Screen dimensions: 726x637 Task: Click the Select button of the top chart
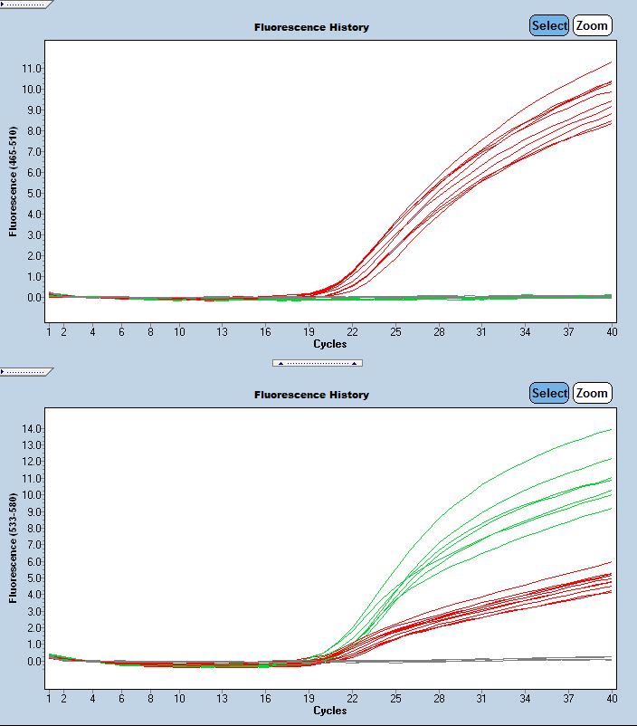point(549,26)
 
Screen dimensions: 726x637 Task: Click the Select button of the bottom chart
point(549,394)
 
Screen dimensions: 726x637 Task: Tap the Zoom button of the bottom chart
point(592,394)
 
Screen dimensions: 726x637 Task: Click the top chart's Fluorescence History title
point(311,28)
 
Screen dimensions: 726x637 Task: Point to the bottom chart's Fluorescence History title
point(311,396)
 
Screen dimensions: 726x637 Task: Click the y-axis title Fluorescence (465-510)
point(14,181)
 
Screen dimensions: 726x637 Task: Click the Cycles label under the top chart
point(329,344)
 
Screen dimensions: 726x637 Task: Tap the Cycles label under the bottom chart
point(329,711)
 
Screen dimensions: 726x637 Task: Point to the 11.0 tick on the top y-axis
point(32,69)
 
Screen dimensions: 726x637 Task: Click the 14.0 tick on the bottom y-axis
point(32,429)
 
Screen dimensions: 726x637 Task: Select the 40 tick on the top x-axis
point(611,332)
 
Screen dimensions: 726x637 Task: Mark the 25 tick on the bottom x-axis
point(395,699)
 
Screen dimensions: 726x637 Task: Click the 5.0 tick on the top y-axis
point(33,194)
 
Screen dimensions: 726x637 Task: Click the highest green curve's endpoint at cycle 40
point(612,429)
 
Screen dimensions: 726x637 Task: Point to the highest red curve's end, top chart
point(612,62)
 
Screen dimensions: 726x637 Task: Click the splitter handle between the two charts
point(318,363)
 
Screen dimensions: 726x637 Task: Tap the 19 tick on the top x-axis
point(309,332)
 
